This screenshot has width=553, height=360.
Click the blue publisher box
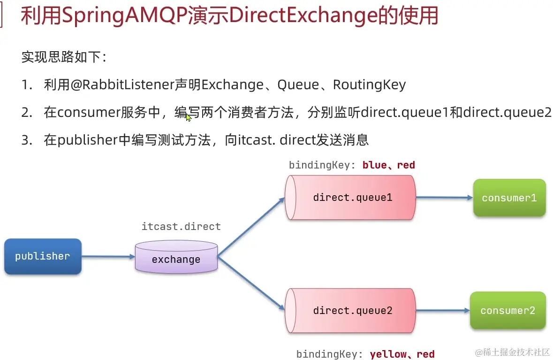tap(43, 256)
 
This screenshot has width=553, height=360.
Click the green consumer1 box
tap(509, 198)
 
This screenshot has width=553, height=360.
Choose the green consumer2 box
tap(508, 310)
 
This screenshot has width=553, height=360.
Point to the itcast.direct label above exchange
tap(181, 227)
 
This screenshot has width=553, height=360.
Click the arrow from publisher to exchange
tap(108, 257)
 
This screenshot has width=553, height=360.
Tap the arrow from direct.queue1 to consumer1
tap(444, 198)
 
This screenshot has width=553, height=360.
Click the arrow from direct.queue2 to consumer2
tap(442, 310)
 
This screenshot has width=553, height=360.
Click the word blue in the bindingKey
tap(374, 165)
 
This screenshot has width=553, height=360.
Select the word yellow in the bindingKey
tap(387, 354)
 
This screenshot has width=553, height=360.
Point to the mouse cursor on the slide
tap(188, 117)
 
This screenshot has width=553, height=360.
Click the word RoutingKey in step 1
tap(369, 85)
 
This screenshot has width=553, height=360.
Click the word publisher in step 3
tap(88, 140)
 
